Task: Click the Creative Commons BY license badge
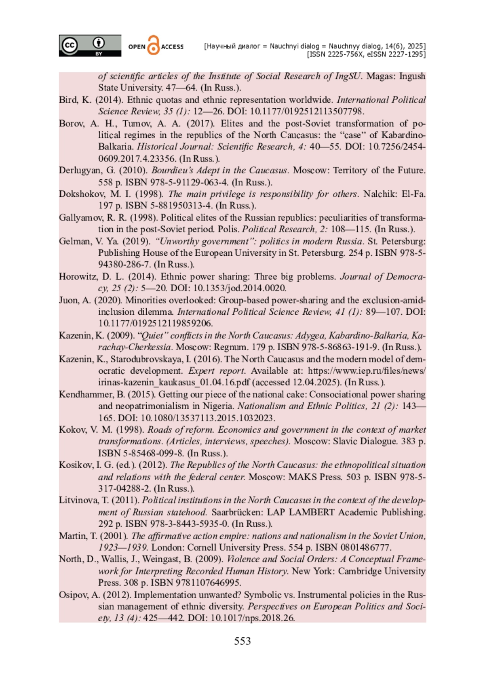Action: [x=90, y=45]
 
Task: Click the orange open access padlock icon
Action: [x=154, y=45]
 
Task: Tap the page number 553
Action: [x=242, y=641]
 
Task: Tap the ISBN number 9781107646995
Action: [x=208, y=583]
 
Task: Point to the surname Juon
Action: [x=69, y=300]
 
